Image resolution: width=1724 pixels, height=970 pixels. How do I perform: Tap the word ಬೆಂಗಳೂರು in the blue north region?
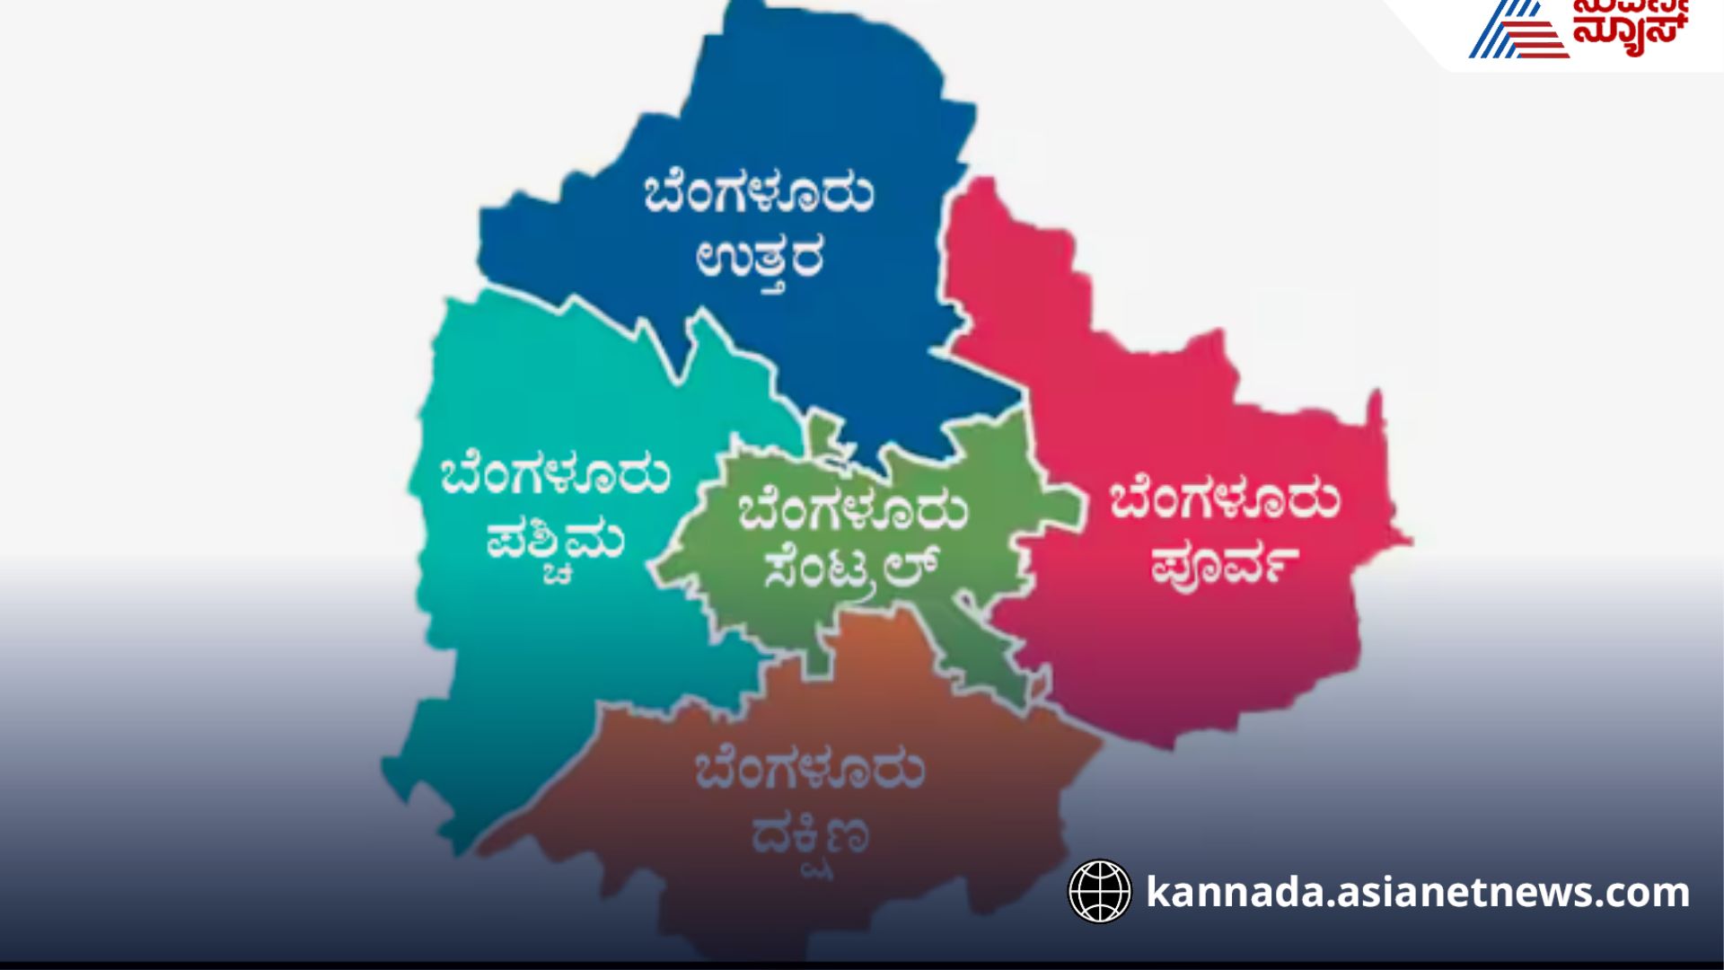click(x=759, y=193)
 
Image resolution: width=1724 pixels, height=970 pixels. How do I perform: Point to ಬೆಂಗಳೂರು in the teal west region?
click(x=555, y=476)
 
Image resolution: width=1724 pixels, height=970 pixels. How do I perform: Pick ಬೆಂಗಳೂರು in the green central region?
click(x=853, y=510)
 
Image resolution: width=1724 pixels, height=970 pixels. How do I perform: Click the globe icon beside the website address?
click(x=1100, y=892)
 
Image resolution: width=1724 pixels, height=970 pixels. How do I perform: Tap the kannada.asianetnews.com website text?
click(x=1418, y=893)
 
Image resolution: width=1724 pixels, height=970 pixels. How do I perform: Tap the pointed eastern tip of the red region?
click(x=1405, y=542)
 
